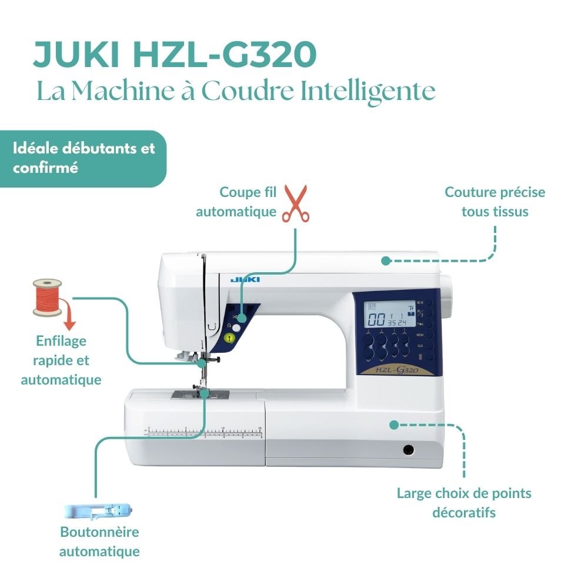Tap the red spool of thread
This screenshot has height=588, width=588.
point(47,298)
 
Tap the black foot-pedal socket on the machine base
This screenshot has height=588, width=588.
point(407,450)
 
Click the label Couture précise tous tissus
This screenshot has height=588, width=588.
point(495,202)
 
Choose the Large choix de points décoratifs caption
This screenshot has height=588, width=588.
point(463,502)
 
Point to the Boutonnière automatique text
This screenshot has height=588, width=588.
point(99,542)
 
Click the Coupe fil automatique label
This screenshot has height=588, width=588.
point(236,202)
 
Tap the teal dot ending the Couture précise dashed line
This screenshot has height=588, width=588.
point(386,260)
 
